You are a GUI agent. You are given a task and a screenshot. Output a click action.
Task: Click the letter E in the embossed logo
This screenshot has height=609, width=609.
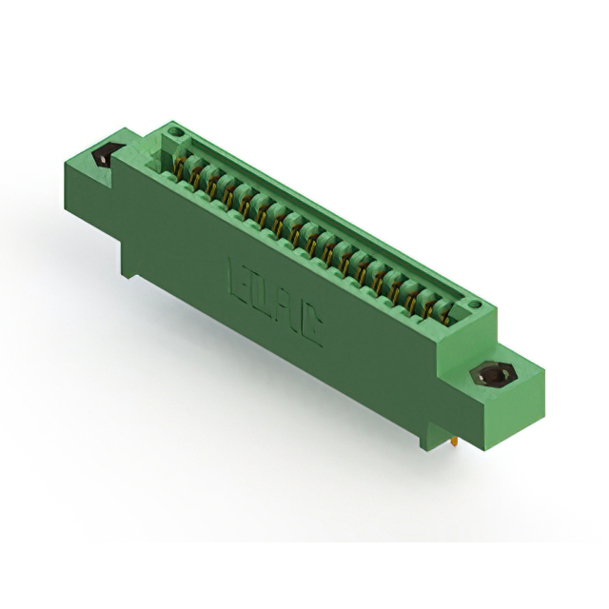coord(237,277)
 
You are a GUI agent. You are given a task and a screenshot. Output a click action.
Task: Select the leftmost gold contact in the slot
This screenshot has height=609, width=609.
coord(178,167)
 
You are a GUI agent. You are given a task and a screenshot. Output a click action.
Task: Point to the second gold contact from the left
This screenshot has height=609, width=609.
coord(194,176)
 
